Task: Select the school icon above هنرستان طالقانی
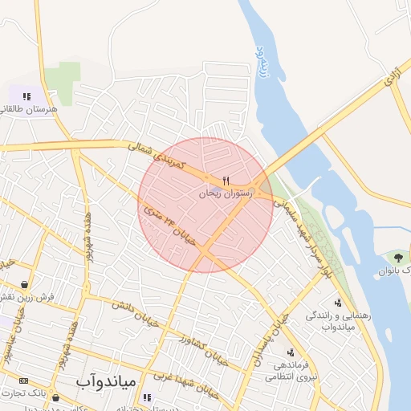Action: click(27, 96)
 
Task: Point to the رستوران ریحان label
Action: click(226, 193)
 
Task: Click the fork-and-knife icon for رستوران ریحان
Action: click(226, 180)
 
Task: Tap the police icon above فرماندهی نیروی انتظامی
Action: click(291, 352)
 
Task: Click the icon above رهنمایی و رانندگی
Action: click(338, 303)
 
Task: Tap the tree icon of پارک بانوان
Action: click(398, 257)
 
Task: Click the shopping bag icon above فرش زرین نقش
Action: click(26, 284)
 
